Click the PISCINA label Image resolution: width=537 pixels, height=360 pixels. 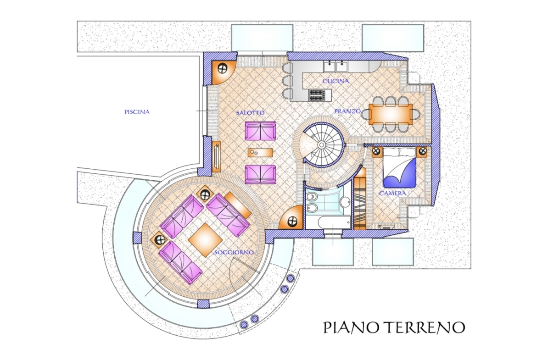pos(137,112)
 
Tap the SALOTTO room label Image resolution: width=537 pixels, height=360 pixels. pos(250,112)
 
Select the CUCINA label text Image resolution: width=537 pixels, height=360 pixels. pos(336,81)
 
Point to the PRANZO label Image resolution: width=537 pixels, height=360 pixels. pos(347,111)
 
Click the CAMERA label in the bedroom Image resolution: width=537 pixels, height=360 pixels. pos(392,194)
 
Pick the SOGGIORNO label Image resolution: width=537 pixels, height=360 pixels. pos(234,253)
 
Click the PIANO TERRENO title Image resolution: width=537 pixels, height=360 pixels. pos(394,327)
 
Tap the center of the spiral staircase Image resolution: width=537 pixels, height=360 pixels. pos(321,145)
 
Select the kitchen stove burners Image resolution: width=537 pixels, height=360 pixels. pos(317,95)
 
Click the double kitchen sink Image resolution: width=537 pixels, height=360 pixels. pos(336,66)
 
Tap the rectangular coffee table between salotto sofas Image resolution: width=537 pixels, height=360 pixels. pos(260,152)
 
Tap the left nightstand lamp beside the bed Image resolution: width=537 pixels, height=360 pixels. pos(377,150)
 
